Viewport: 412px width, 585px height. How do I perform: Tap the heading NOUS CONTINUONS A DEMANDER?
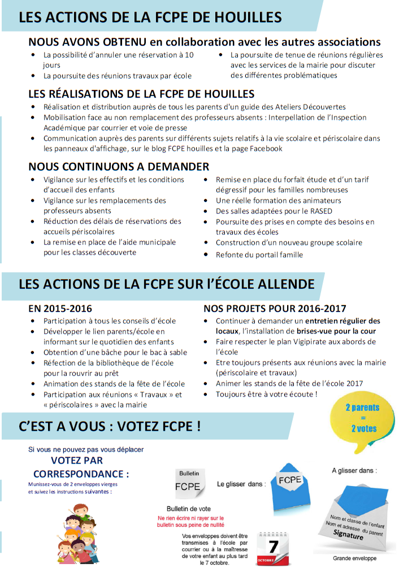click(119, 166)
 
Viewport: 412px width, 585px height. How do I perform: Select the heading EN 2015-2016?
click(60, 309)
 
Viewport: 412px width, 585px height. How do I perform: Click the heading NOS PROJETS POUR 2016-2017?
click(275, 309)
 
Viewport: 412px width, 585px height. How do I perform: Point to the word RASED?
click(320, 211)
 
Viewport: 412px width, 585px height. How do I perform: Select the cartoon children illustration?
click(76, 534)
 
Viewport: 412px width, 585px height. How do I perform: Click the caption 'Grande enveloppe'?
click(354, 558)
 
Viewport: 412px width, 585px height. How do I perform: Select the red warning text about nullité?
click(190, 521)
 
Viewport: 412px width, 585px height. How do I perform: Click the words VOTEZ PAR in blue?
click(77, 461)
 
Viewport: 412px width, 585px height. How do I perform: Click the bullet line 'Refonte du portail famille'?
click(259, 254)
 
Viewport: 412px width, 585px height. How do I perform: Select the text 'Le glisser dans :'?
click(241, 484)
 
